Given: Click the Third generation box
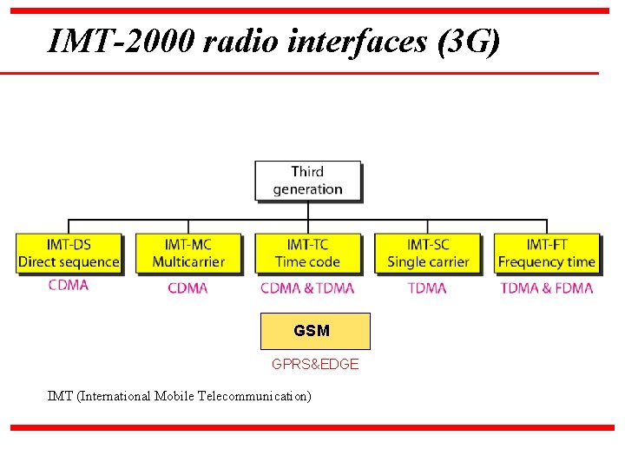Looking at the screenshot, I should pos(307,181).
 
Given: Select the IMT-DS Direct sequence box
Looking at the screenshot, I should pos(69,253).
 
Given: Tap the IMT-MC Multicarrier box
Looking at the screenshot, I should pos(188,253).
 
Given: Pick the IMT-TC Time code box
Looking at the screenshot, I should pos(307,253).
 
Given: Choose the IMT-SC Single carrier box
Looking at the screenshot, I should pos(427,253).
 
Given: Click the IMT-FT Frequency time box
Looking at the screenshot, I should pos(547,253).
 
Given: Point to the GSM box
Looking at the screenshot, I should pos(315,331).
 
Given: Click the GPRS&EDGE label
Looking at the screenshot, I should pos(315,365).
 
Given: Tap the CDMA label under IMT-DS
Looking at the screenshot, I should pos(69,285).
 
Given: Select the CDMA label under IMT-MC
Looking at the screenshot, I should pos(187,288).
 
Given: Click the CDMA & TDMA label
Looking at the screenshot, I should pos(307,288).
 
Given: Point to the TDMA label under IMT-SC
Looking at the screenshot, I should pos(427,288).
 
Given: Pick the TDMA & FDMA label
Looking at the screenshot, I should pos(547,288).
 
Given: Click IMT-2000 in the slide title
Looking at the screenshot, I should pos(121,41).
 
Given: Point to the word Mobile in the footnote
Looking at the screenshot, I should pos(174,396).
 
